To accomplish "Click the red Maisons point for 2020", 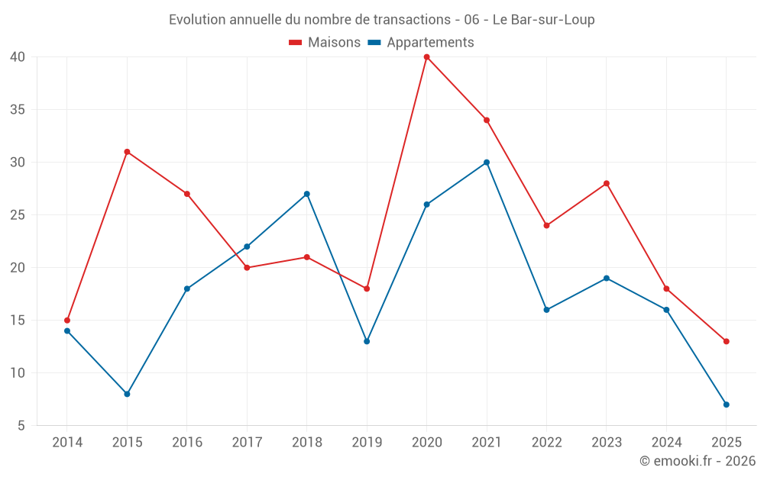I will [x=426, y=56].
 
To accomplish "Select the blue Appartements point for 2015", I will [x=127, y=394].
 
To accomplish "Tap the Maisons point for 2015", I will [x=127, y=152].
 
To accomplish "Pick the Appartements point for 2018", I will [x=306, y=194].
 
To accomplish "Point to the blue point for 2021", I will [x=487, y=163].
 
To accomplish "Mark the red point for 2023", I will [x=607, y=183].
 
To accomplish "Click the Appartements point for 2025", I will [x=726, y=404].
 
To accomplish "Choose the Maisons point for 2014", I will [x=67, y=321].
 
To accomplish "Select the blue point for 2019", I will [x=367, y=341].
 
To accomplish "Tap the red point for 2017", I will [x=247, y=268].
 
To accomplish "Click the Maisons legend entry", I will [x=325, y=43].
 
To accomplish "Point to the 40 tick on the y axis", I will [x=18, y=56].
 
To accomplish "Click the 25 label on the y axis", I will [x=18, y=215].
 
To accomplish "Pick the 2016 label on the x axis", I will [x=187, y=443].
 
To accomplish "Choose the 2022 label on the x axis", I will [x=546, y=443].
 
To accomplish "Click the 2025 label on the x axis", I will [x=726, y=443].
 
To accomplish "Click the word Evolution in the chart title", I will [x=197, y=20].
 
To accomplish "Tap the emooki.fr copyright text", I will [x=698, y=461].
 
